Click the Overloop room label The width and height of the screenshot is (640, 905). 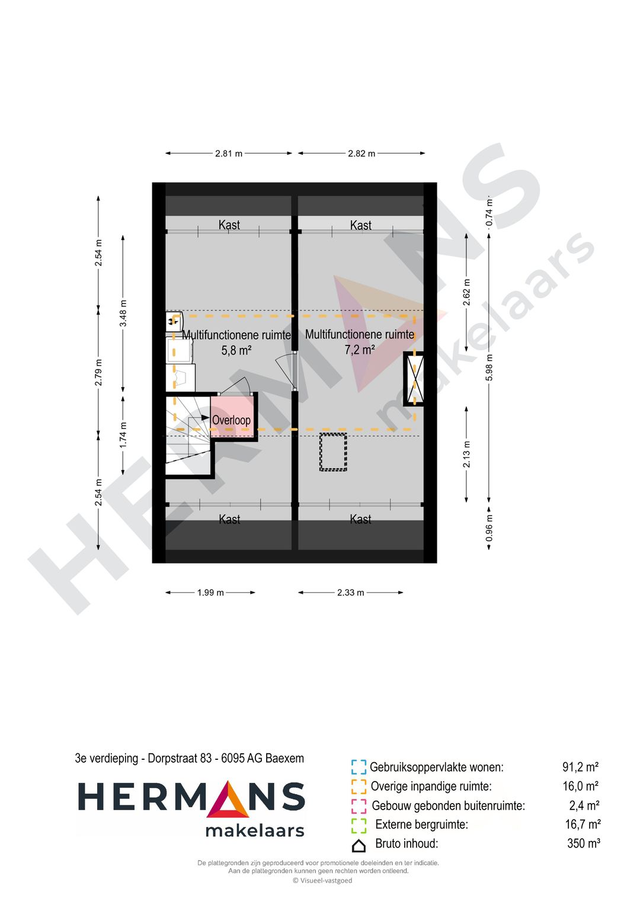(x=231, y=420)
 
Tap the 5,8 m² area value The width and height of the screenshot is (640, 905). (x=236, y=350)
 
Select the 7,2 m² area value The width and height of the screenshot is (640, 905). (x=360, y=350)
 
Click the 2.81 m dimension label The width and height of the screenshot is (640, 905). (x=229, y=154)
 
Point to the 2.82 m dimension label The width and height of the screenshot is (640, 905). (x=361, y=154)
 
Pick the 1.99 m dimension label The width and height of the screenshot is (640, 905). (x=210, y=593)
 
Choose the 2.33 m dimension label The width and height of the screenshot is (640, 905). (x=351, y=593)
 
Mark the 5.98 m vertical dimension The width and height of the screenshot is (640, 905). (x=489, y=367)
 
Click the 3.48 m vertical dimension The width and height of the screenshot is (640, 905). (x=123, y=313)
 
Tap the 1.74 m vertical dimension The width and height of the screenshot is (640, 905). (x=123, y=434)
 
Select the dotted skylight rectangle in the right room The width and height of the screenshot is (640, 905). (x=333, y=452)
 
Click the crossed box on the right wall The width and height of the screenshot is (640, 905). (x=414, y=379)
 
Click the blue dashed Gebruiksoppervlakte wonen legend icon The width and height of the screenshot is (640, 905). (x=359, y=768)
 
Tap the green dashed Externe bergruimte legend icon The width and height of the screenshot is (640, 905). (x=359, y=825)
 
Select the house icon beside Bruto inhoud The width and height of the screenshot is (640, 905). (x=359, y=845)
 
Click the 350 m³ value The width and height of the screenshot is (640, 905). (x=583, y=843)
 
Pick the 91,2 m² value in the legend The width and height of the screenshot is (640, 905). (x=580, y=768)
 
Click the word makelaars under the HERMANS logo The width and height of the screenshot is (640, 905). (x=255, y=831)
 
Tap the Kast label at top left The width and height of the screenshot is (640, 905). (x=229, y=225)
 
